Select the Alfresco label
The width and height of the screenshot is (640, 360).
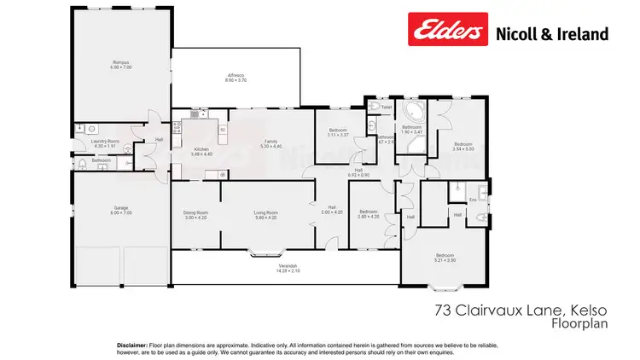point(236,75)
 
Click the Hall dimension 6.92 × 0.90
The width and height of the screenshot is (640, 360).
point(359,175)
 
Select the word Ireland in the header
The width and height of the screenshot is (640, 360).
point(584,34)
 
